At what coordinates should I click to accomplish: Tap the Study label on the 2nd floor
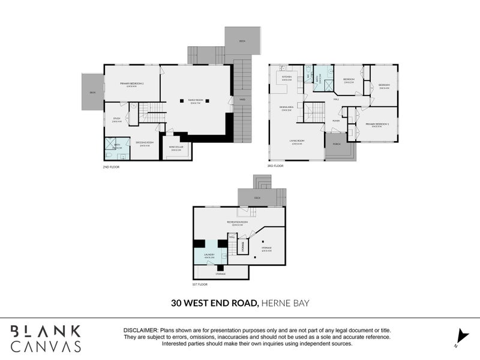coord(116,119)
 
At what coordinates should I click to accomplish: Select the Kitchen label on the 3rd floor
coord(287,79)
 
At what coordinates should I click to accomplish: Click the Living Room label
coord(300,143)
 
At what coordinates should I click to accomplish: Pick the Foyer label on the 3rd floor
coord(337,121)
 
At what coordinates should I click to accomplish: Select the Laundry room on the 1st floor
coord(208,256)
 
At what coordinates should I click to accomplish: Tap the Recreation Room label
coord(238,223)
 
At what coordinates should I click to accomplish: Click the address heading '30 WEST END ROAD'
coord(214,303)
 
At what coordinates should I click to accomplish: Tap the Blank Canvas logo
coord(46,338)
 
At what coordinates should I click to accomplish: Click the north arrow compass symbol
coord(460,337)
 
